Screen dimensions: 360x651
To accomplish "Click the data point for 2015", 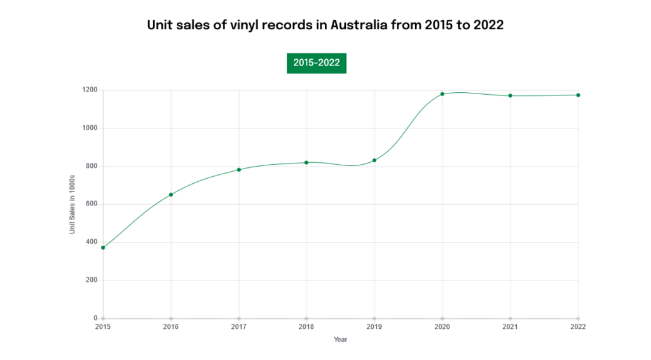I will click(x=103, y=247).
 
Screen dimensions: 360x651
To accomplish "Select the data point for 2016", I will click(x=171, y=195).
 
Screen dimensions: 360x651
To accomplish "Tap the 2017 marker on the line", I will click(x=239, y=170).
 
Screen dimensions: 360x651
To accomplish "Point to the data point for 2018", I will click(x=306, y=163).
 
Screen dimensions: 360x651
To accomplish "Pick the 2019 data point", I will click(x=374, y=160).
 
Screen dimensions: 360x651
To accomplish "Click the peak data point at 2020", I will click(x=442, y=94).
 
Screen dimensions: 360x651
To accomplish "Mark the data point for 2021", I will click(x=510, y=95).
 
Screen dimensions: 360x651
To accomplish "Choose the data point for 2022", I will click(x=578, y=95).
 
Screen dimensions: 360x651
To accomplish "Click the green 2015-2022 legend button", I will click(x=316, y=63).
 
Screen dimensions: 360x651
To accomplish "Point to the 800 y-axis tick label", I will click(x=92, y=166).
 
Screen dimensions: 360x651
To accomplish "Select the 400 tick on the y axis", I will click(x=92, y=242).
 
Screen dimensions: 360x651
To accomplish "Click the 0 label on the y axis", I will click(x=95, y=318).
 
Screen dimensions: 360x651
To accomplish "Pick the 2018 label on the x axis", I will click(x=306, y=327).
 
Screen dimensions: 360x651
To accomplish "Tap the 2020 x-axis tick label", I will click(x=442, y=327).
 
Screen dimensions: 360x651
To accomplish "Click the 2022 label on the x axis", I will click(x=578, y=327).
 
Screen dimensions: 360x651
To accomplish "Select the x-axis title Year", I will click(x=341, y=340).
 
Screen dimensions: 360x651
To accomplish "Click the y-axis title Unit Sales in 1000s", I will click(x=72, y=204).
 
